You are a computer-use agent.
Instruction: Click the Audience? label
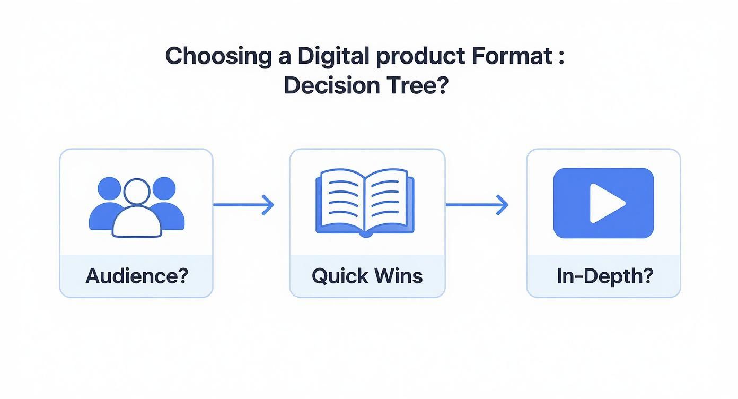pos(136,276)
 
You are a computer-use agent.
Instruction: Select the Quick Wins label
pos(367,276)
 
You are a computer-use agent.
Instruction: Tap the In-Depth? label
pos(603,276)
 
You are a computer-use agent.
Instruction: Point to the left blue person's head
pos(110,188)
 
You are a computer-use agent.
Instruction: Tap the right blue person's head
pos(163,188)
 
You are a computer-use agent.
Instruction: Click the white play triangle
pos(606,203)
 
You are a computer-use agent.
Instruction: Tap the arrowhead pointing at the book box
pos(269,205)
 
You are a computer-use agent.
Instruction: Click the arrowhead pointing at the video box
pos(503,205)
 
